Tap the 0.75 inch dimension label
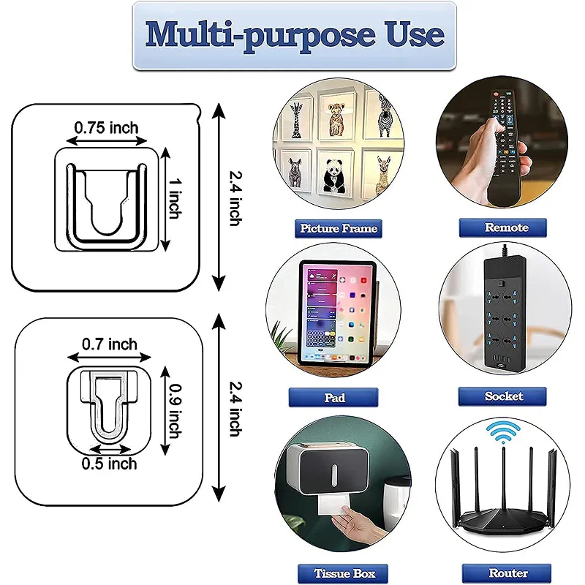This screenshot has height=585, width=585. point(106,128)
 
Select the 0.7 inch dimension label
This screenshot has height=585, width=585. point(109,343)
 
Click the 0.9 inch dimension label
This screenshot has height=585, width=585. point(173,411)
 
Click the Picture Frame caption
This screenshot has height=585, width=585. point(338,228)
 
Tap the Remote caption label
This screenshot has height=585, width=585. point(506,227)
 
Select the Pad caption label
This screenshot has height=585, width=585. point(336,398)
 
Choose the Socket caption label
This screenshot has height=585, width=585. point(504,396)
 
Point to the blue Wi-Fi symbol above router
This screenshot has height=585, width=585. point(503,433)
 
